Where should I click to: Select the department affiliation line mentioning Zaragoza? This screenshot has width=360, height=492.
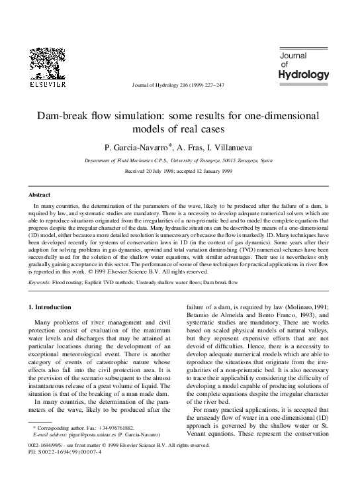tap(180, 160)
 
